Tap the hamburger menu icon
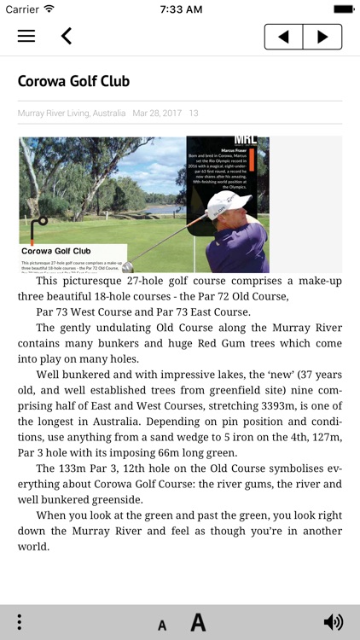pos(26,36)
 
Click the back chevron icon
pos(66,36)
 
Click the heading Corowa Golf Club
pos(73,82)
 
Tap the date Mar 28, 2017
pos(157,113)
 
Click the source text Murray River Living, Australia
pos(72,113)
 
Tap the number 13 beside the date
pos(194,113)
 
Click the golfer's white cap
pos(229,203)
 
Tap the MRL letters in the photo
pos(245,140)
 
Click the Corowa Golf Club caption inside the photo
pos(56,251)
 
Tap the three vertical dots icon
pos(19,622)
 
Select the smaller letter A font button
pos(162,625)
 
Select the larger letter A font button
pos(198,622)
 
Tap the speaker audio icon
pos(334,622)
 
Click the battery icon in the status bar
pos(344,9)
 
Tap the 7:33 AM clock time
pos(180,9)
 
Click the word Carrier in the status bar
pos(22,9)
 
